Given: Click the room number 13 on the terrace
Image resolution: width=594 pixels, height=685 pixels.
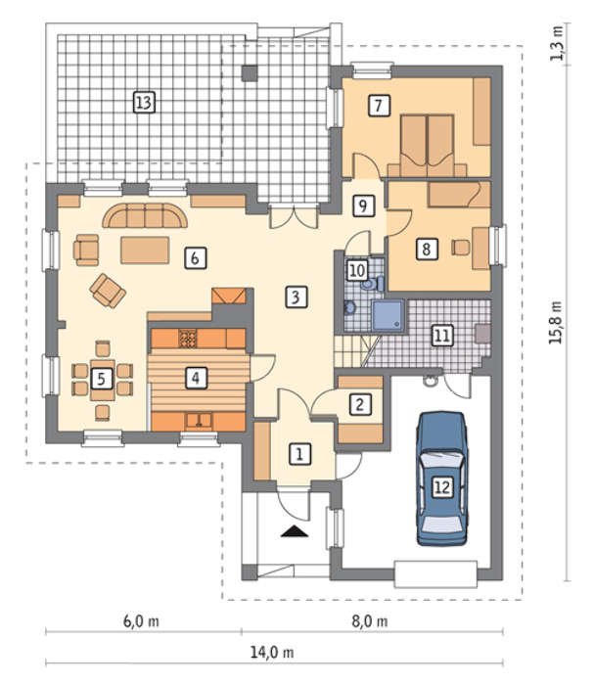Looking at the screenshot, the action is point(144,103).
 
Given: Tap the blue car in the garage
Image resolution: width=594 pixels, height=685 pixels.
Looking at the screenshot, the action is point(442,479).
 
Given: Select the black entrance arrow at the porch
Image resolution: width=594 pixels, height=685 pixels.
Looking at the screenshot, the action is point(295,530).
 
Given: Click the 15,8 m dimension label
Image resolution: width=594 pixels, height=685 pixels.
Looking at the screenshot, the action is point(556,322).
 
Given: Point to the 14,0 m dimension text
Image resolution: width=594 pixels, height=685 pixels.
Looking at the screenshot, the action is point(272,653).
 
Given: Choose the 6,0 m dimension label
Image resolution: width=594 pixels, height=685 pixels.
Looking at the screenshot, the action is point(141,620).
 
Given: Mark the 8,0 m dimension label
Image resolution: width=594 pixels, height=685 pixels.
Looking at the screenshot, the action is point(370,620).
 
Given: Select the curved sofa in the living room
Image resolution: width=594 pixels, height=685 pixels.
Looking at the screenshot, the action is point(145,215).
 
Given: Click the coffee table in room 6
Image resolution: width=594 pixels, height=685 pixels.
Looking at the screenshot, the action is point(145,251).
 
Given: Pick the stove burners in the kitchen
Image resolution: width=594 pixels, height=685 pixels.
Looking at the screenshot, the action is point(188,339).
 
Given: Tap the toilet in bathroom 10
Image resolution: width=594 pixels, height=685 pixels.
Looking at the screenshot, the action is point(373,285).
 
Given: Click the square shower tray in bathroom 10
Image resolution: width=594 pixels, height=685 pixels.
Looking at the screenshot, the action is point(388,315).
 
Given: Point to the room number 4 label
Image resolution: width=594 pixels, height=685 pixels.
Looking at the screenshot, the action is point(196,378).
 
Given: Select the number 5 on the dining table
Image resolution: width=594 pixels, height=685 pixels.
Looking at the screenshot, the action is point(102,379).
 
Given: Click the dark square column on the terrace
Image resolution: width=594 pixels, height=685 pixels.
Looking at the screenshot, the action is point(250,73).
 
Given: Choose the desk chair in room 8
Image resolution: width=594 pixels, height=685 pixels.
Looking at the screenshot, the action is point(461,248).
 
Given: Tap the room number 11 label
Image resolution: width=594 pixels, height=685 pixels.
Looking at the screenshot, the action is point(442,336).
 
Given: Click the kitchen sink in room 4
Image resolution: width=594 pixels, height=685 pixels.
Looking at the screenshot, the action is point(199,420).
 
